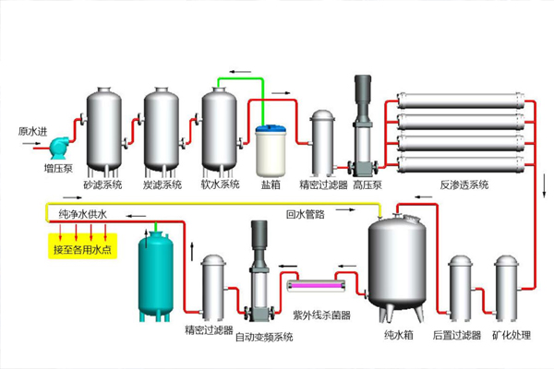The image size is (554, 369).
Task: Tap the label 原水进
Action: click(x=32, y=132)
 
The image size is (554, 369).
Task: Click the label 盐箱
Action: click(x=271, y=184)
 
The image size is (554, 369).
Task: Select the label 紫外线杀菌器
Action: click(x=321, y=315)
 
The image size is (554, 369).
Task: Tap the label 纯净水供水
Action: click(x=83, y=215)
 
